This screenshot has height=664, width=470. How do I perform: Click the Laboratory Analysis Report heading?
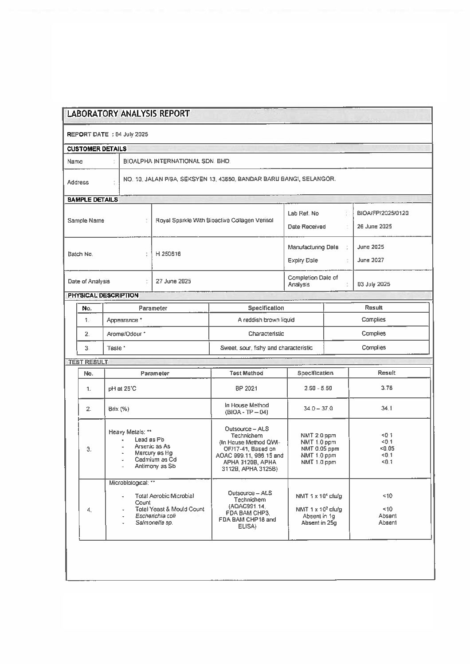(128, 114)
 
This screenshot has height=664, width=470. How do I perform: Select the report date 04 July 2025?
(132, 134)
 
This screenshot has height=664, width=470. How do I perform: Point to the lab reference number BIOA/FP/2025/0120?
(383, 213)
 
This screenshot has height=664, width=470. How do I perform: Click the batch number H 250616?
(168, 254)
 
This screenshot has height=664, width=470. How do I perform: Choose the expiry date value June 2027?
(371, 260)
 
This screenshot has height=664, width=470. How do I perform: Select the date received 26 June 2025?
(374, 227)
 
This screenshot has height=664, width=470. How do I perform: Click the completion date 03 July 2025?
(374, 284)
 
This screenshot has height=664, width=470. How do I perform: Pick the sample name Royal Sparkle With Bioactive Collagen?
(214, 220)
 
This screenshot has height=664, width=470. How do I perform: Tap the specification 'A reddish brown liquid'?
(266, 320)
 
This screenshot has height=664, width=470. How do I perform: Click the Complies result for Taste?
(373, 348)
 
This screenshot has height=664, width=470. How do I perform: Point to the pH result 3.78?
(386, 388)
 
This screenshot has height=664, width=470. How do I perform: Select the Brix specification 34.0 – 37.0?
(318, 409)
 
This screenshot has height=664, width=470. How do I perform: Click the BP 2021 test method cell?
(247, 389)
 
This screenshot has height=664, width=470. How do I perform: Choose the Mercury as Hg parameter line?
(153, 453)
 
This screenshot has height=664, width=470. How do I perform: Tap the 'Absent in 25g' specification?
(319, 523)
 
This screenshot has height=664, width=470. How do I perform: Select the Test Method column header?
(247, 373)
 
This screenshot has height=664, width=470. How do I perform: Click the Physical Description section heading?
(103, 295)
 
